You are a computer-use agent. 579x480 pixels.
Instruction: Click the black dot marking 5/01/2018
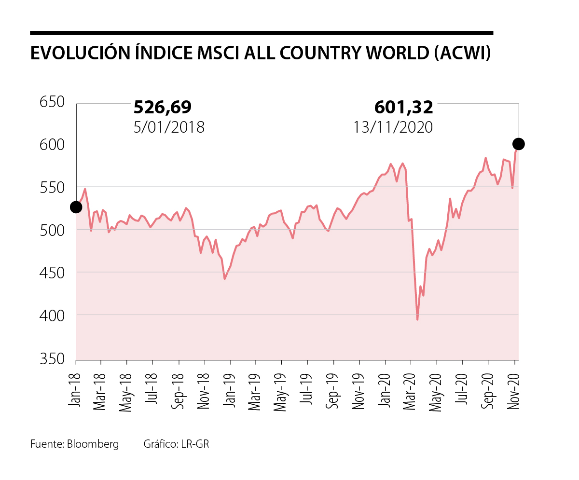(76, 207)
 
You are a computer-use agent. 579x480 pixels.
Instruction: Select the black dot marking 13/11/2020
(519, 144)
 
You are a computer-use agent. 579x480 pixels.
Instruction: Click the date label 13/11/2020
(393, 127)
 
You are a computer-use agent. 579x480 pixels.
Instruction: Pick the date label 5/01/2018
(169, 127)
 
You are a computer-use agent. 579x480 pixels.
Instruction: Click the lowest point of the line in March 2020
(417, 319)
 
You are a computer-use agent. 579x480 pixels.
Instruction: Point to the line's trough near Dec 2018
(224, 278)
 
